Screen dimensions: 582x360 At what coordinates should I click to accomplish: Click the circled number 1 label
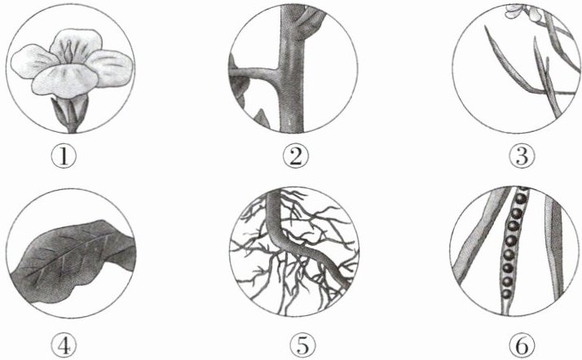point(64,156)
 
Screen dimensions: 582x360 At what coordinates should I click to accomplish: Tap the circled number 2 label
point(295,156)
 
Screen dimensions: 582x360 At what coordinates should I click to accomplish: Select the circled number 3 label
point(522,156)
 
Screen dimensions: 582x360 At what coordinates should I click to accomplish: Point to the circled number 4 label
point(64,346)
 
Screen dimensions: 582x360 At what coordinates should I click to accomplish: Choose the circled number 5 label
point(303,346)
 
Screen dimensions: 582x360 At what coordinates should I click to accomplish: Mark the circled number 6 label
point(522,346)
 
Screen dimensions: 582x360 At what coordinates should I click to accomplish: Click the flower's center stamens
point(69,52)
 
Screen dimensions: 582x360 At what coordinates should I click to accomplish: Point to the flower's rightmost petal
point(112,68)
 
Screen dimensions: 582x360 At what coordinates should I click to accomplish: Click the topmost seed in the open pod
point(520,199)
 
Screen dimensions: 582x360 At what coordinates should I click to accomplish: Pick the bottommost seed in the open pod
point(506,295)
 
